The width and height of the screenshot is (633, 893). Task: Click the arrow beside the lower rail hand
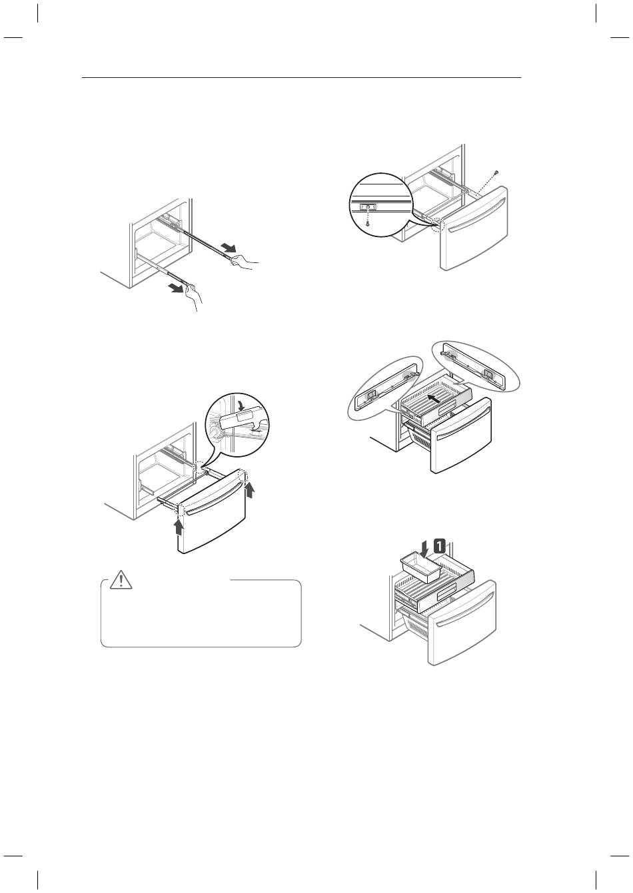tap(177, 288)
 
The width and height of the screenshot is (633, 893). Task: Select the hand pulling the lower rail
tap(195, 297)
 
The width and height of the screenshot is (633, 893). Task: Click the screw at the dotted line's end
tap(496, 172)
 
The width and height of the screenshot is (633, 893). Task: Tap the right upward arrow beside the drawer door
tap(250, 490)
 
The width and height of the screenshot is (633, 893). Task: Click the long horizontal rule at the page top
tap(302, 77)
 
